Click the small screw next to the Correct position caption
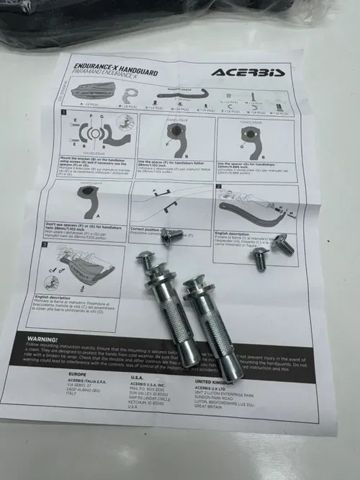pyautogui.click(x=172, y=236)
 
